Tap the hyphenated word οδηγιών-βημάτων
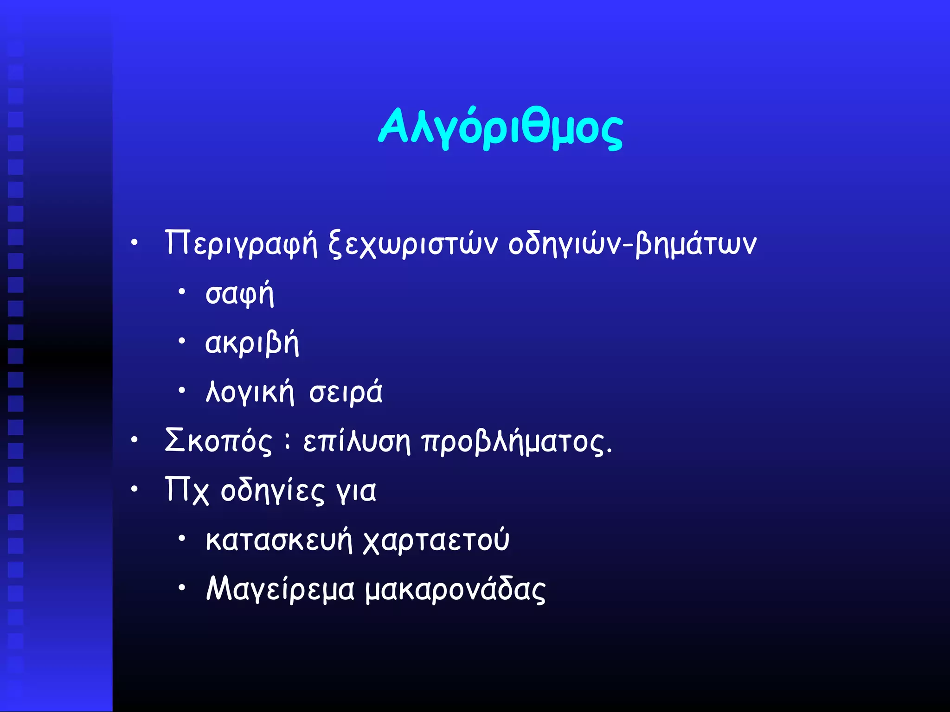point(632,243)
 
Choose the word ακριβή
point(252,343)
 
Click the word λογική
point(250,392)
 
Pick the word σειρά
point(346,392)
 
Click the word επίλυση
point(357,441)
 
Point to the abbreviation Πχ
point(187,490)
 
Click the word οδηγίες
point(273,490)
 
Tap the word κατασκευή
point(279,540)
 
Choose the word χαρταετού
point(436,540)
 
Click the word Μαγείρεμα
point(280,590)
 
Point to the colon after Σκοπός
point(288,441)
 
